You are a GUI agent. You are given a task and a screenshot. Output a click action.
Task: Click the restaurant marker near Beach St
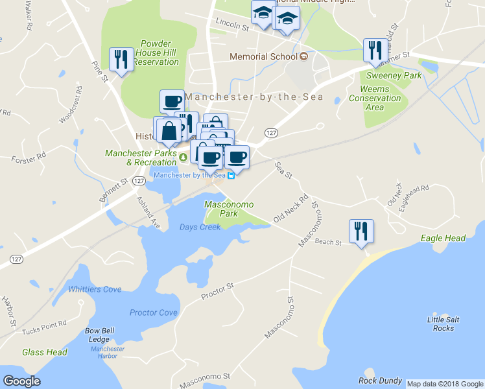(361, 231)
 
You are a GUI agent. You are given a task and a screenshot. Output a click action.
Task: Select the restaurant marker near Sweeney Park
(375, 50)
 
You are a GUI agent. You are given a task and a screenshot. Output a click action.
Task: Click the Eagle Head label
(444, 239)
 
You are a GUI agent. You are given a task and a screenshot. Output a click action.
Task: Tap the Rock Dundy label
(380, 381)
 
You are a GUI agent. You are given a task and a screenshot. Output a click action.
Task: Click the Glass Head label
(45, 352)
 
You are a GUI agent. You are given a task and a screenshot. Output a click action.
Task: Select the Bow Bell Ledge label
(101, 335)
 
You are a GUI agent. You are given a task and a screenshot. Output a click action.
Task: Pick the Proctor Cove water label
(153, 312)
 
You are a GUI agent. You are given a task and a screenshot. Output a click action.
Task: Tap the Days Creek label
(200, 227)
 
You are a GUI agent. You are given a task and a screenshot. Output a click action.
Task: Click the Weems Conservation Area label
(375, 98)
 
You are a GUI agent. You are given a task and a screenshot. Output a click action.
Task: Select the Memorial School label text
(263, 57)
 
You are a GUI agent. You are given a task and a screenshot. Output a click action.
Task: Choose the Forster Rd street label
(29, 156)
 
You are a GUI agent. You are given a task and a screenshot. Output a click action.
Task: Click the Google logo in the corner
(21, 381)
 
